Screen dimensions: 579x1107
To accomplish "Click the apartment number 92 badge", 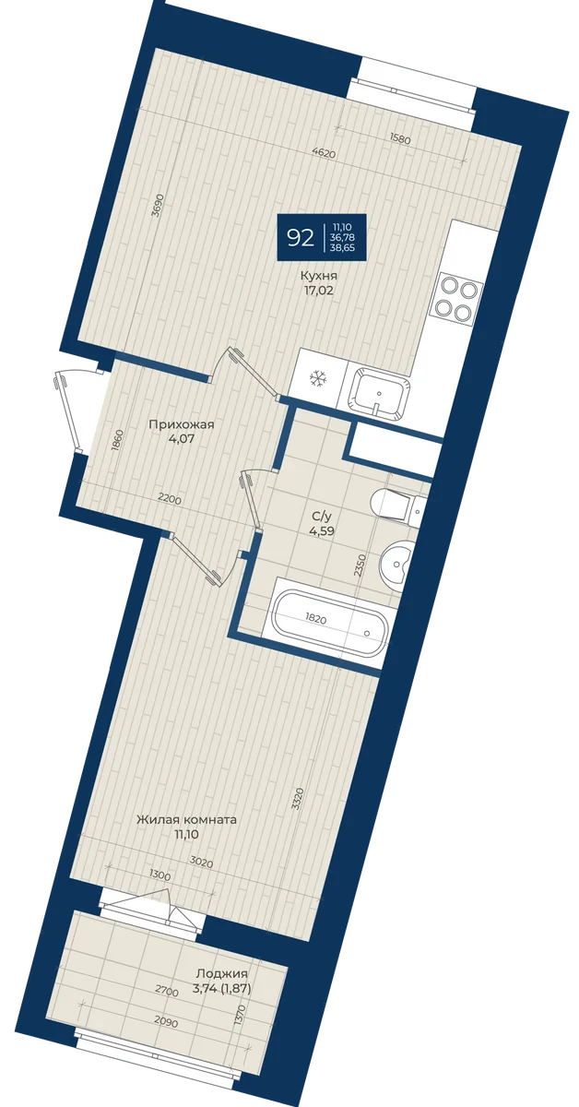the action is [322, 237].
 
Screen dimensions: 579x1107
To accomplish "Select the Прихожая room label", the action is [182, 425].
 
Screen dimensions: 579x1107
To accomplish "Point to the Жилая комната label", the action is [187, 819].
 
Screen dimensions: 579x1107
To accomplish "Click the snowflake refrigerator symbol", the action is [315, 378].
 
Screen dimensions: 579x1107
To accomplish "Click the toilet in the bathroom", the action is [396, 504].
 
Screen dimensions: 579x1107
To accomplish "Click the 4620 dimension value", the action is [324, 153].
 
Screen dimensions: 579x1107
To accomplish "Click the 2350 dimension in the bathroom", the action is [360, 565].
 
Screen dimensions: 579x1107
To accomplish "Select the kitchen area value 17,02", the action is [319, 290].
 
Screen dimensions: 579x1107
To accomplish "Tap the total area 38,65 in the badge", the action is [346, 247].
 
